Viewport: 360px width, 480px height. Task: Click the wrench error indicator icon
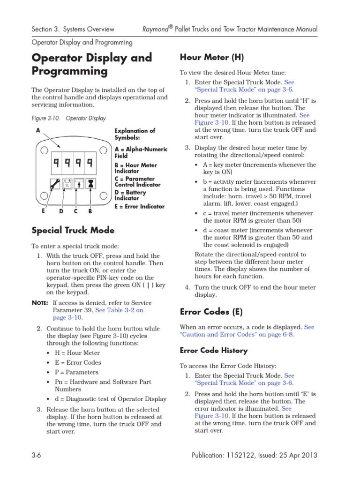pos(54,184)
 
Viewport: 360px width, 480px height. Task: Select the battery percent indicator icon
pos(67,184)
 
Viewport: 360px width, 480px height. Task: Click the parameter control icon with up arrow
pos(79,184)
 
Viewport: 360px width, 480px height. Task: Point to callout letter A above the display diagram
pos(37,131)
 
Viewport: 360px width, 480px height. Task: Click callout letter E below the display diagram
pos(43,211)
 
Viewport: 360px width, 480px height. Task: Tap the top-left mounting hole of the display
pos(43,150)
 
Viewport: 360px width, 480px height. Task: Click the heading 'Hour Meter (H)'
pos(211,57)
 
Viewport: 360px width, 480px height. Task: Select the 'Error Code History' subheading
pos(214,350)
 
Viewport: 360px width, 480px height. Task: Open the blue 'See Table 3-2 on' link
pos(119,310)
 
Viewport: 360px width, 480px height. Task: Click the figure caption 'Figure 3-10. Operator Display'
pos(68,119)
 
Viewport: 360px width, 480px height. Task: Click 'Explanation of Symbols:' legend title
pos(135,134)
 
